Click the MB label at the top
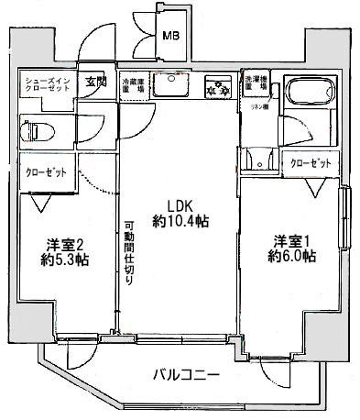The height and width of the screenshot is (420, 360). (170, 38)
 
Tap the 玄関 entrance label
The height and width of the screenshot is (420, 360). (95, 81)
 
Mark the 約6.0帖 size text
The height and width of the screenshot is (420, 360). (291, 258)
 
